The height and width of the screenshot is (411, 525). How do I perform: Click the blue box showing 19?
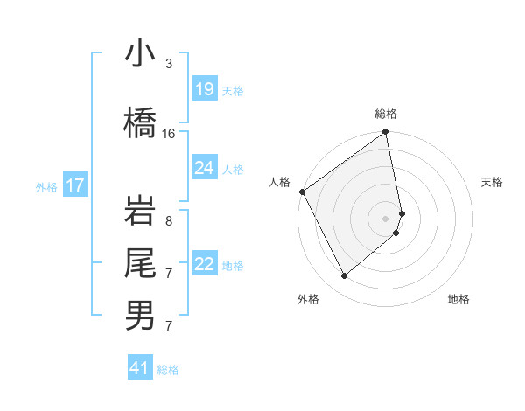click(205, 89)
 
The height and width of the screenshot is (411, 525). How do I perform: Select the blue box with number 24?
click(205, 168)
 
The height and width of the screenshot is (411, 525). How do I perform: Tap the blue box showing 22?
click(205, 265)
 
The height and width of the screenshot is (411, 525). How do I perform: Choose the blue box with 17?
click(75, 185)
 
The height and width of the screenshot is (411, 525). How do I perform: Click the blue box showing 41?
click(140, 368)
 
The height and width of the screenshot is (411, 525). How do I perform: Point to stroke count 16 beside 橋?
click(169, 133)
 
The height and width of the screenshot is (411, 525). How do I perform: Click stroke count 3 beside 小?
click(168, 64)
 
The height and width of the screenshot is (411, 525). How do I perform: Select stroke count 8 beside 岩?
click(168, 221)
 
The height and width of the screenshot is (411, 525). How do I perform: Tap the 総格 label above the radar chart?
click(386, 114)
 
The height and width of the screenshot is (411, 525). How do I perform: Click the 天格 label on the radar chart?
click(493, 182)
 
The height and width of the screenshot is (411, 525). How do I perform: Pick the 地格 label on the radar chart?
click(458, 299)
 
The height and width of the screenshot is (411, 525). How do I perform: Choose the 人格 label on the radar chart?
click(280, 182)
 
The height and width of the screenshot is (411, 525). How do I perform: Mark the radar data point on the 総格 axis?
click(386, 133)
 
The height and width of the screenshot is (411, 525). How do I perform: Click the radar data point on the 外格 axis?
click(345, 275)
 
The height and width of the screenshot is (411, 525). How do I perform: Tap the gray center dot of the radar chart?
click(386, 218)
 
